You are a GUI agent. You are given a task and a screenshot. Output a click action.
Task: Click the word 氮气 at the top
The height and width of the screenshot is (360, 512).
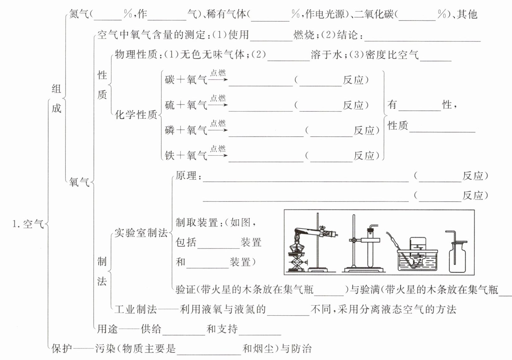coord(79,14)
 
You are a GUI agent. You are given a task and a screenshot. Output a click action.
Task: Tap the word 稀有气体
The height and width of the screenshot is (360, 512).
coord(226,14)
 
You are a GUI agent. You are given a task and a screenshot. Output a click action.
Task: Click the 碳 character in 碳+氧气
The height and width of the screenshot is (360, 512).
coord(170,80)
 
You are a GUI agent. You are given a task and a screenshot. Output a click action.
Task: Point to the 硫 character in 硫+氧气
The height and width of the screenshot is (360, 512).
coord(170,105)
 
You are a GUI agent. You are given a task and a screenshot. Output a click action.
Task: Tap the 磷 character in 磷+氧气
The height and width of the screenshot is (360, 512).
coord(170,130)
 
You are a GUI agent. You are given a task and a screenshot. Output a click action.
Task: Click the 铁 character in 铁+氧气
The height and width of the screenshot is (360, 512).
coord(170,155)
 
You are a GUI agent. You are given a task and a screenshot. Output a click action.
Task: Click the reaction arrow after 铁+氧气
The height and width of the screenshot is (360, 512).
coord(218,155)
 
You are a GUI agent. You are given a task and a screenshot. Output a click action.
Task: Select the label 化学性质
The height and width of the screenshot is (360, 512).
coord(136,115)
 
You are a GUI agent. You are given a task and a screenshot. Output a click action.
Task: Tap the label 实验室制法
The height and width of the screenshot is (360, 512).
coord(141,233)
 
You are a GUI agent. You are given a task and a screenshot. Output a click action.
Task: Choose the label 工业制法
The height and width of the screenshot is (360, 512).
coord(136,309)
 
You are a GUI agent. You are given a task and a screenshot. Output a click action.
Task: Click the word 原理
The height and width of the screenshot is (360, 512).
coord(186,176)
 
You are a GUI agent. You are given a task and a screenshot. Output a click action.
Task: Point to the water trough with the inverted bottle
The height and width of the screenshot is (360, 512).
coord(418,259)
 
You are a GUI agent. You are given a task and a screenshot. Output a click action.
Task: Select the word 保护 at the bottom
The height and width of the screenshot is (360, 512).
coord(62,348)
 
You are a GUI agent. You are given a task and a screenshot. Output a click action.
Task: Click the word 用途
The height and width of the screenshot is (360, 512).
coord(108,329)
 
